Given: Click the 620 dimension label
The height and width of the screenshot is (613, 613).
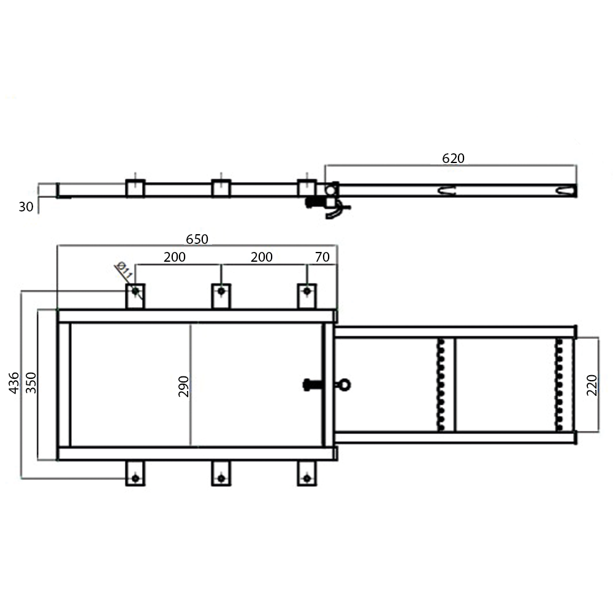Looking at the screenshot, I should coord(454,158).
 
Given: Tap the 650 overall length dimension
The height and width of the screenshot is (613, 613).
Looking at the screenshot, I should coord(197,239).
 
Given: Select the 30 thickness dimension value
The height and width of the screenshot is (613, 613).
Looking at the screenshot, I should coord(26,207).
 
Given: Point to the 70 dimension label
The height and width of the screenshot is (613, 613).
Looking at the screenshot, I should coord(322,257).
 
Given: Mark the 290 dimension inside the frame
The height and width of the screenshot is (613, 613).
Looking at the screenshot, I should coord(184,384).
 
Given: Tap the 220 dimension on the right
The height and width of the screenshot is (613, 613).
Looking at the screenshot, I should coord(592,384).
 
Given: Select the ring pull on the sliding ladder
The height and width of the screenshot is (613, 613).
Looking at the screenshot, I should coord(343,385).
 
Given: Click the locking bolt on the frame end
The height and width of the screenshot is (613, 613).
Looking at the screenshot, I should coord(312,385).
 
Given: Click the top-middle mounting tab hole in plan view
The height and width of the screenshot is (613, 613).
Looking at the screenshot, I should coord(221,291).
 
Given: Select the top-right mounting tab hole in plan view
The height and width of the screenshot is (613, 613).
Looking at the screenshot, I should coord(306,291).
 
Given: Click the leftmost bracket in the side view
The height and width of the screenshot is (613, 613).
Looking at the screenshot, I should coord(135,188).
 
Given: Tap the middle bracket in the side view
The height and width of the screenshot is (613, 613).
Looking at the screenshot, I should coord(221,188).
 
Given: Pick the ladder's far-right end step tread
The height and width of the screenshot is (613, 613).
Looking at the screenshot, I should coord(558,384).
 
